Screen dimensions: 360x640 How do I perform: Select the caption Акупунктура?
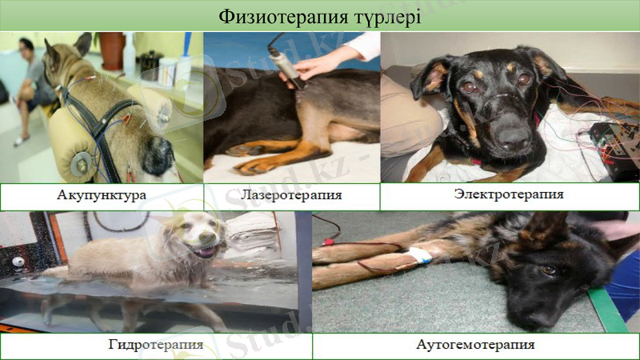[x=101, y=196]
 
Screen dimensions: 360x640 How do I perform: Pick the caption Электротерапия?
[x=509, y=194]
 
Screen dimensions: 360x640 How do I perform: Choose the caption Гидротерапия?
[x=155, y=346]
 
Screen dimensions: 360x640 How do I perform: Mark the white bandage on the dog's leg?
[x=418, y=256]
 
